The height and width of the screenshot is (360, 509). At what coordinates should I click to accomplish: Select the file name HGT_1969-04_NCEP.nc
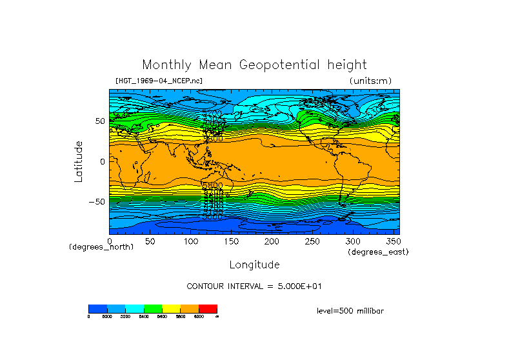tap(159, 81)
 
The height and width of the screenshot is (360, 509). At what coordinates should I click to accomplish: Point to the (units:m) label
tap(370, 81)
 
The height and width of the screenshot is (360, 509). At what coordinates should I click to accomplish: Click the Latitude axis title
tap(79, 161)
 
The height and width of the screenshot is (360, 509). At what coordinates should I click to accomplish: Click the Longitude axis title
tap(254, 265)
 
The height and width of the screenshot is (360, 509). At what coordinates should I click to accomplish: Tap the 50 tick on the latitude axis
tap(100, 121)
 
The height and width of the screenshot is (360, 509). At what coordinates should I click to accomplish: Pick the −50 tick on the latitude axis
tap(97, 201)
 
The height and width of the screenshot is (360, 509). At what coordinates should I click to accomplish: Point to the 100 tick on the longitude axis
tap(190, 241)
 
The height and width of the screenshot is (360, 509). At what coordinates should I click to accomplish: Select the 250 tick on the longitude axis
tap(312, 241)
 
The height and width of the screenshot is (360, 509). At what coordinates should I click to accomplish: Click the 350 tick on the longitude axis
tap(392, 241)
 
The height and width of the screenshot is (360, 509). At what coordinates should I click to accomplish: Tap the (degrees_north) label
tap(101, 247)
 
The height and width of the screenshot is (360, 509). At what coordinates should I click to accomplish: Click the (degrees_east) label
tap(378, 252)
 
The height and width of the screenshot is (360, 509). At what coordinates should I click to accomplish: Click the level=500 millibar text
tap(350, 310)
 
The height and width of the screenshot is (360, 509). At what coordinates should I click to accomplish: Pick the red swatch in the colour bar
tap(208, 308)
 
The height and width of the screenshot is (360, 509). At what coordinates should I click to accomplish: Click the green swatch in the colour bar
tap(153, 308)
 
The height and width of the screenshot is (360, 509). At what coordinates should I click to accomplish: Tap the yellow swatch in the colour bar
tap(171, 308)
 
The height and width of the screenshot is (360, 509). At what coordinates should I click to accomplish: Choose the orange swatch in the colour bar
tap(190, 308)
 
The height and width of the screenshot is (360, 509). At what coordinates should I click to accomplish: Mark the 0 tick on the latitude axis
tap(102, 161)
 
